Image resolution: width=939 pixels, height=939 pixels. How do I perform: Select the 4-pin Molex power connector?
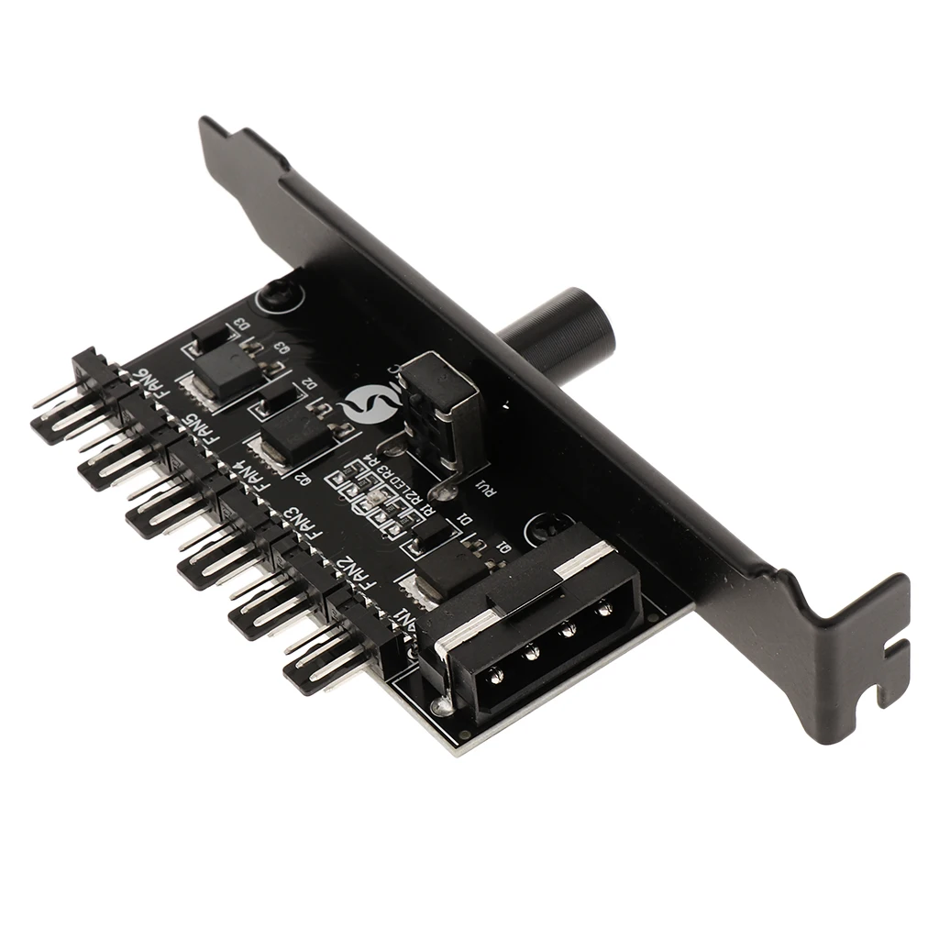tap(532, 623)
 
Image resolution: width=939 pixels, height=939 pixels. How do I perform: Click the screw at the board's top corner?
tap(274, 296)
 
